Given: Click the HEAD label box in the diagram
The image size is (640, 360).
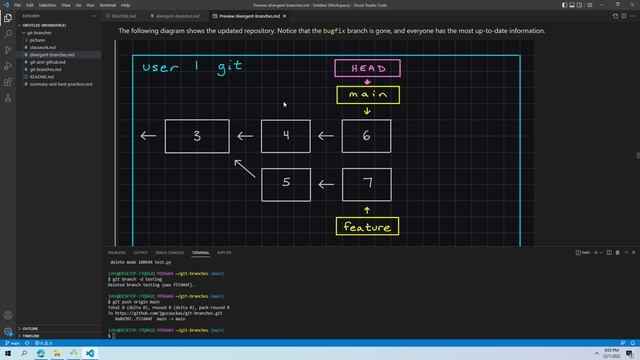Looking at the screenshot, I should pos(367,68).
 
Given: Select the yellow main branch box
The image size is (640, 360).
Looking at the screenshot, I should pos(367,96).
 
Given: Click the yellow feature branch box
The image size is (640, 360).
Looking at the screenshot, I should pos(367,227).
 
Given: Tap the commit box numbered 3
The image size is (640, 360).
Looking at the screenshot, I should pos(197,136).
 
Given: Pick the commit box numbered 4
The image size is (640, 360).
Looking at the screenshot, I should pos(286,136).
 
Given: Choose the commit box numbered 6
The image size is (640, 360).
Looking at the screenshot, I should pos(366,136).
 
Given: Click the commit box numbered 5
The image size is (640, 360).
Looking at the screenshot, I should pos(286,184).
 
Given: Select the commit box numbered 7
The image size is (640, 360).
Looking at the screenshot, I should pos(366,184).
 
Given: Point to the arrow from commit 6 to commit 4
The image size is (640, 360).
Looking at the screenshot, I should pos(326,136).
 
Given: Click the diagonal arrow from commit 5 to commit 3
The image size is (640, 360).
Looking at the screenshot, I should pos(244,166).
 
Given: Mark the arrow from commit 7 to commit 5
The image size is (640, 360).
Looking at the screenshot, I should pos(326,184).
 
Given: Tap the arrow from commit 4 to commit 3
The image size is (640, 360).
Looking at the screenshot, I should pos(244,136).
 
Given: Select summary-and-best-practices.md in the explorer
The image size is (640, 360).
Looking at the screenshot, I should pos(62,82).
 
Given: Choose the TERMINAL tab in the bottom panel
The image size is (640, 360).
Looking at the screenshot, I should pos(201,253).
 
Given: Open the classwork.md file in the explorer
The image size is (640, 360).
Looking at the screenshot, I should pos(46,47).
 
